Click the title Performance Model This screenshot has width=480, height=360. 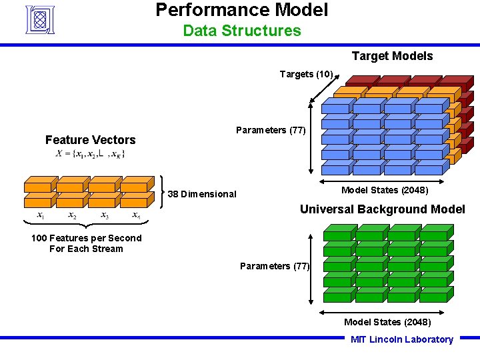(x=242, y=10)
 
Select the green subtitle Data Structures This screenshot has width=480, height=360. (x=242, y=31)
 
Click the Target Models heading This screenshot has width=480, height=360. (x=392, y=56)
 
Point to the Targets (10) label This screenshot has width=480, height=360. (x=306, y=74)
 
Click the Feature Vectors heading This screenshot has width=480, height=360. (x=90, y=139)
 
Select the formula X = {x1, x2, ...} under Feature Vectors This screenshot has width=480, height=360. (x=90, y=154)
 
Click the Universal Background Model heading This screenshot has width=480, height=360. (x=382, y=209)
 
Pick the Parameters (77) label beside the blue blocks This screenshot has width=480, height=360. (x=271, y=130)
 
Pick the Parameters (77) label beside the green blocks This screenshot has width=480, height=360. (x=275, y=266)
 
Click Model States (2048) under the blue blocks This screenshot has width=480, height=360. (x=385, y=190)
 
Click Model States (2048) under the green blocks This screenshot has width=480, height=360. (x=387, y=322)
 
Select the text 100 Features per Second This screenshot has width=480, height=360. (x=86, y=238)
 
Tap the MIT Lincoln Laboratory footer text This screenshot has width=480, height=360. (x=401, y=339)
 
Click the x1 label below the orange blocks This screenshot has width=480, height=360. (x=41, y=215)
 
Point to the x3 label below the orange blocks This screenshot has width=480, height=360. (x=105, y=215)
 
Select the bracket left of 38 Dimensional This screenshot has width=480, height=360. (x=165, y=192)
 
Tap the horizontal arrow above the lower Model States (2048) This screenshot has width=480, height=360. (x=387, y=311)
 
